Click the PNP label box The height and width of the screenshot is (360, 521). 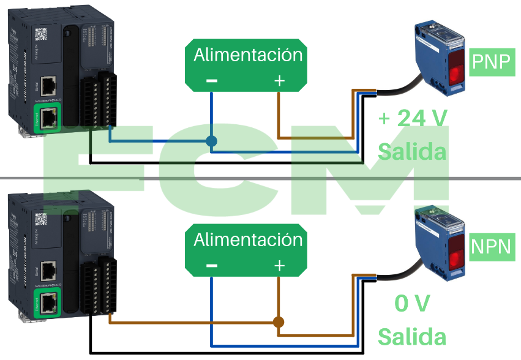(x=492, y=62)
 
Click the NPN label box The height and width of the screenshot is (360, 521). (x=491, y=247)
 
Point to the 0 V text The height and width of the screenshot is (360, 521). (x=412, y=303)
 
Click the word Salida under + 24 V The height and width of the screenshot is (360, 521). (x=411, y=151)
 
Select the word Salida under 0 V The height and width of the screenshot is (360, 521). (x=411, y=336)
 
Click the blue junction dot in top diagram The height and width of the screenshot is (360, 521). (x=211, y=141)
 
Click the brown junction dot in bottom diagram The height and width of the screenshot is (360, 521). (x=279, y=322)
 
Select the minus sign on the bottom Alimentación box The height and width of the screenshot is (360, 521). (x=211, y=266)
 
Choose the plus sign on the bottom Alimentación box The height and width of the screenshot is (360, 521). (x=279, y=266)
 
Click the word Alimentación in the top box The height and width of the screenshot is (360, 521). (x=248, y=55)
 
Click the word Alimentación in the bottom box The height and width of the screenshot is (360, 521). (x=248, y=239)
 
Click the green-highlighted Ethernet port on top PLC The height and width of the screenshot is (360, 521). (x=48, y=116)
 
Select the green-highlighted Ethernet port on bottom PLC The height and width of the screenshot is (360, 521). (x=48, y=301)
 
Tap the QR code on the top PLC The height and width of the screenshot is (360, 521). (x=40, y=34)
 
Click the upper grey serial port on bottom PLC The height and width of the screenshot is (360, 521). (x=48, y=270)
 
